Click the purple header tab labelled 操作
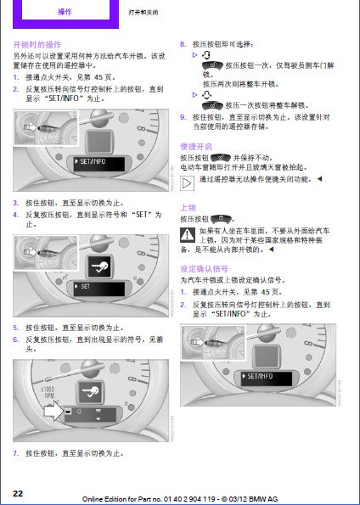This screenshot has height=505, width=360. point(65,13)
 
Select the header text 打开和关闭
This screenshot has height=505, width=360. point(143,14)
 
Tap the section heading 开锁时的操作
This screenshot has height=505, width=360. point(37,43)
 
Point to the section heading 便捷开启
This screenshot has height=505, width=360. point(196,145)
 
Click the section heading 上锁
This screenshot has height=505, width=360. point(188,206)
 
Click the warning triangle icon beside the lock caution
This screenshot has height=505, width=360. point(187,233)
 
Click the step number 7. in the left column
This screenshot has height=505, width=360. point(15,452)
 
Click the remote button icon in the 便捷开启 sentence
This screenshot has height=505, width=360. point(220,157)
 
